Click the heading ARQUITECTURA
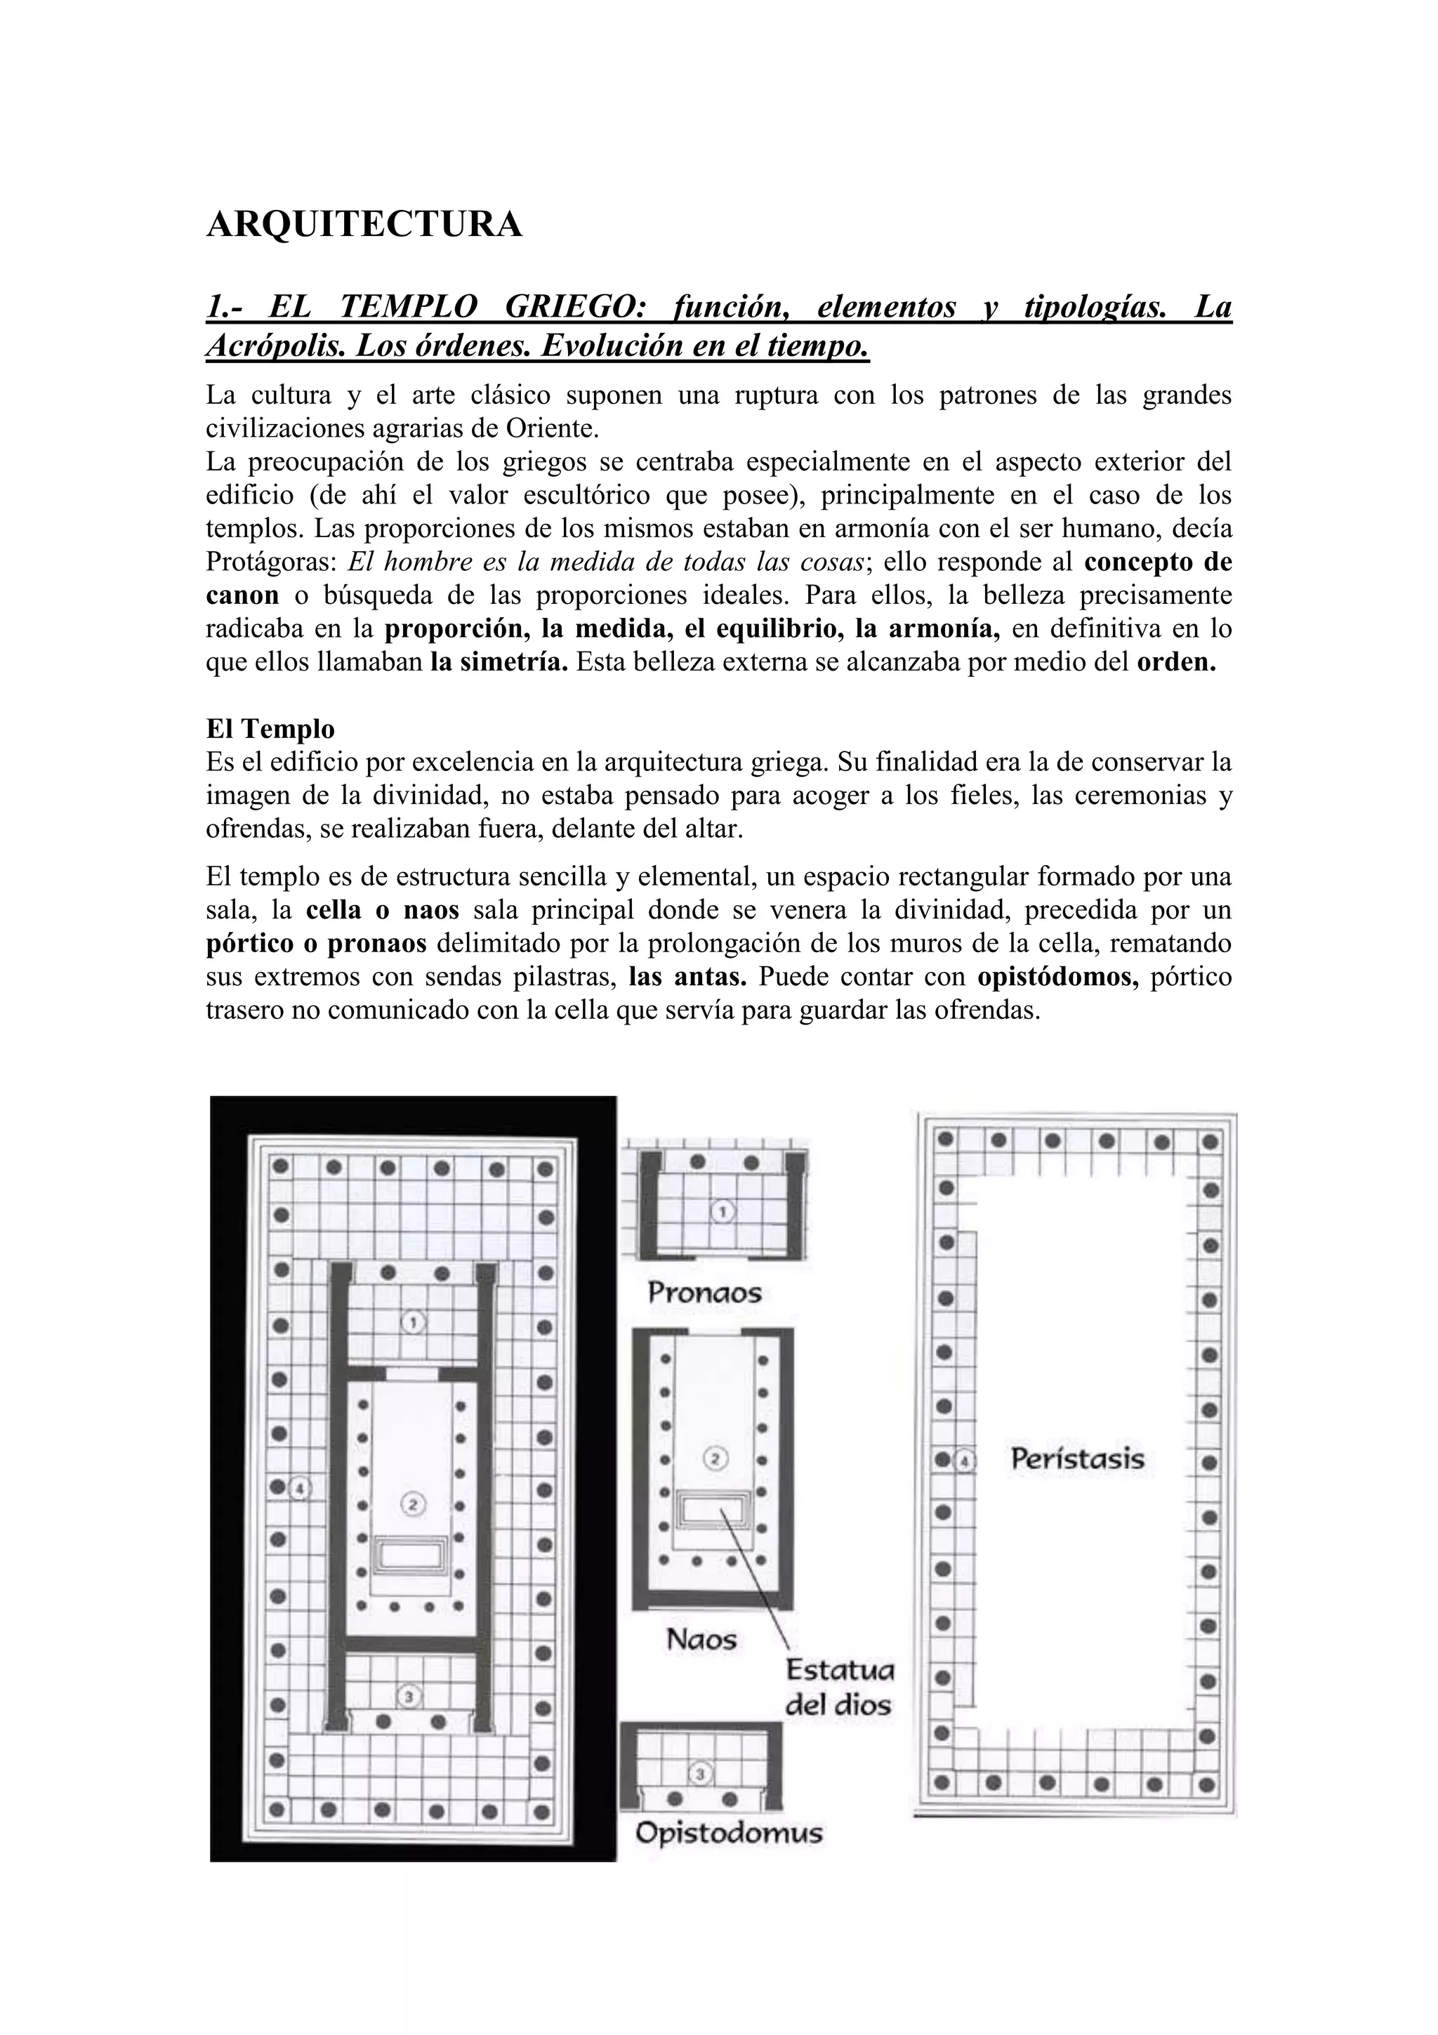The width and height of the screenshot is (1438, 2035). [x=364, y=225]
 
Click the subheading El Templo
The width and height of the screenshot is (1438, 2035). [x=270, y=729]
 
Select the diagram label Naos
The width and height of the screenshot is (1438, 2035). [x=701, y=1639]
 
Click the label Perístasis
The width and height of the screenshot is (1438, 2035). [x=1077, y=1459]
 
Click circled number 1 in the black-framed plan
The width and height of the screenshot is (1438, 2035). [x=412, y=1322]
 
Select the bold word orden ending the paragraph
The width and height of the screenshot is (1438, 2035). [x=1175, y=662]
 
